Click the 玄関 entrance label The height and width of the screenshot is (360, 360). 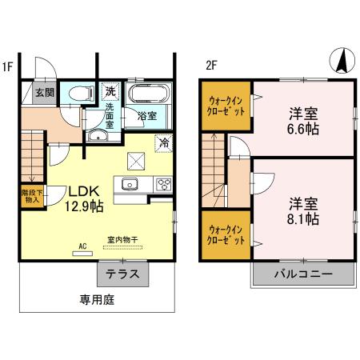point(43,93)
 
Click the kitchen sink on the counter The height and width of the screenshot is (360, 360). point(130,185)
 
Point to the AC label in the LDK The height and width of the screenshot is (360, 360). point(82,247)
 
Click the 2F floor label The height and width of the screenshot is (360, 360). point(211,66)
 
